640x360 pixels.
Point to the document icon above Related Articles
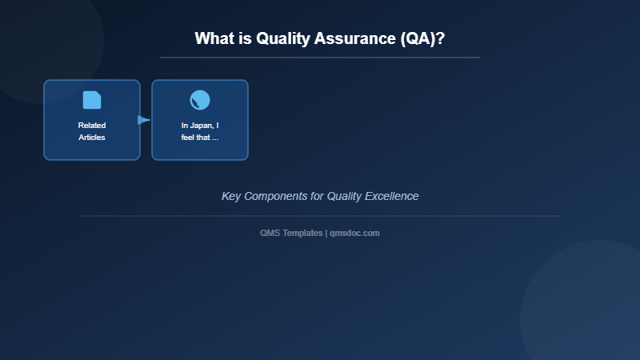click(92, 100)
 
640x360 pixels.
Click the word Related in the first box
click(92, 126)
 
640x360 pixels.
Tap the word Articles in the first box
click(92, 138)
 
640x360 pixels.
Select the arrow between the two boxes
click(144, 120)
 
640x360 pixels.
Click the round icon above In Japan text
click(200, 100)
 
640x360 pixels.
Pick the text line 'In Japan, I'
click(200, 126)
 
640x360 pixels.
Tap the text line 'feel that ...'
click(200, 138)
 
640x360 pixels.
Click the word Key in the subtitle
click(230, 196)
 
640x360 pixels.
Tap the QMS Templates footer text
click(291, 233)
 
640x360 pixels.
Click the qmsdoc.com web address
click(354, 233)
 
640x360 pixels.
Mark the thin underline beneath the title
click(320, 58)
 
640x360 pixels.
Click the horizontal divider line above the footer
click(320, 216)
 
